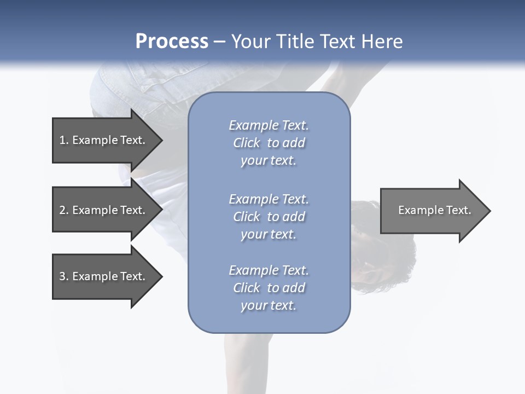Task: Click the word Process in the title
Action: pos(172,42)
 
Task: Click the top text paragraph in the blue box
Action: pos(269,143)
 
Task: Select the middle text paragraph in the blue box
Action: pos(269,217)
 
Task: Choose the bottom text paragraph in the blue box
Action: pos(269,288)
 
